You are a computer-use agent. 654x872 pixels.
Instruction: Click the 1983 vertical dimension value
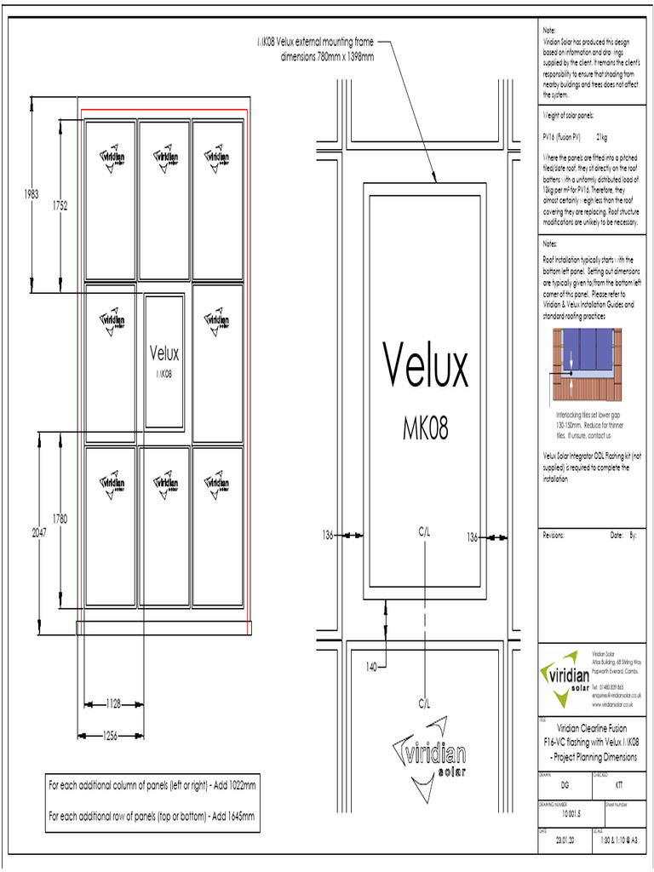(x=32, y=193)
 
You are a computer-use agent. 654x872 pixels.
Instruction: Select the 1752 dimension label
(x=59, y=204)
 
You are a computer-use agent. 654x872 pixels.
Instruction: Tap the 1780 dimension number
(x=59, y=518)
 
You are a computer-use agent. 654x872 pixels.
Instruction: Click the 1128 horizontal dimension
(x=113, y=703)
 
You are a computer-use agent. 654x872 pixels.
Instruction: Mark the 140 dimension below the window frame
(x=371, y=665)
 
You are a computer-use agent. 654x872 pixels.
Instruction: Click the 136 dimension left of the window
(x=327, y=536)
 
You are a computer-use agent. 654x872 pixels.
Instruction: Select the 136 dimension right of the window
(x=473, y=536)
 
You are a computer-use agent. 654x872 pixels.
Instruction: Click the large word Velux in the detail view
(x=425, y=366)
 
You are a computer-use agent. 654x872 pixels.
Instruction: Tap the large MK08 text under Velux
(x=425, y=429)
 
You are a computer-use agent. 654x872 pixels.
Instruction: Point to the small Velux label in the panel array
(x=164, y=353)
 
